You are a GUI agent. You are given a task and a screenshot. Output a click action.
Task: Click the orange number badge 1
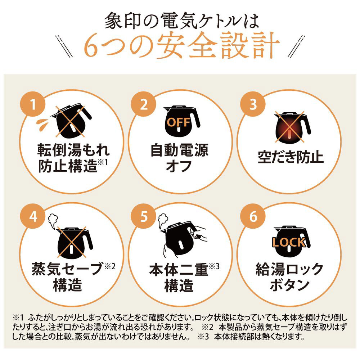[33, 104]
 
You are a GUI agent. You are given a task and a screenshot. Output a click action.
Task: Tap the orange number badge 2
[144, 104]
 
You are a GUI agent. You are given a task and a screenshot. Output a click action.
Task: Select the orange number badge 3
[253, 104]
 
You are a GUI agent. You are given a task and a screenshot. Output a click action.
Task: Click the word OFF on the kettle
[179, 122]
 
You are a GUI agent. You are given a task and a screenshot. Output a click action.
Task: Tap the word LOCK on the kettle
[289, 242]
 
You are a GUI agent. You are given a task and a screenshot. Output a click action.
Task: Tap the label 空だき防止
[291, 157]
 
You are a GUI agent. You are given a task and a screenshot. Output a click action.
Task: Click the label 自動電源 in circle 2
[179, 150]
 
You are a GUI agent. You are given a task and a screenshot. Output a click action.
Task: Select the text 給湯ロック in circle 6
[289, 269]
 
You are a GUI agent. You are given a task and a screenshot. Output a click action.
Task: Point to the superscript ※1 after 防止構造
[102, 162]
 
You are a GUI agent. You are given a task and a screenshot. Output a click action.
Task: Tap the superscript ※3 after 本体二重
[214, 266]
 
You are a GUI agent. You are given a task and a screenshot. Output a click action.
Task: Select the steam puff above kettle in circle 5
[163, 220]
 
